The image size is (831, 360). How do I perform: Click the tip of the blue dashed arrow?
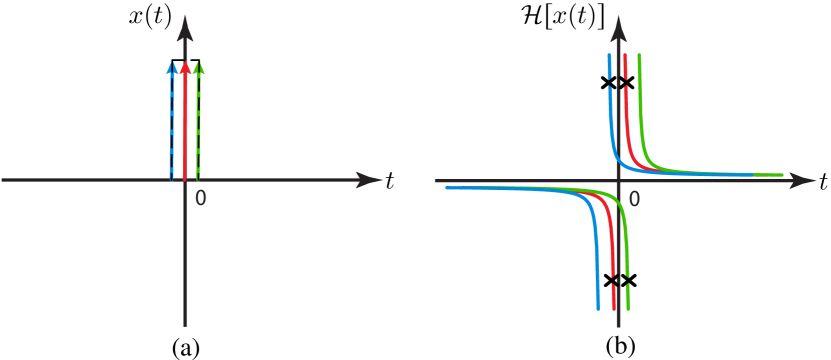pos(172,63)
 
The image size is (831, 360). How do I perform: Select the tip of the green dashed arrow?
pos(199,63)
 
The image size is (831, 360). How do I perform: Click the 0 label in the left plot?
pos(201,197)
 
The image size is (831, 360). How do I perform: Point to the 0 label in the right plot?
pos(634,199)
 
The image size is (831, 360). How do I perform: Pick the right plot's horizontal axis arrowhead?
pos(811,181)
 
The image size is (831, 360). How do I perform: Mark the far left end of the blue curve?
pos(447,187)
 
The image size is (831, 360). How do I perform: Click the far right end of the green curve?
pos(782,175)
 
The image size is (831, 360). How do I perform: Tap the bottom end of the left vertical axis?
pos(185,325)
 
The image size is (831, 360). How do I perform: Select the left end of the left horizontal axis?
pos(3,180)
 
